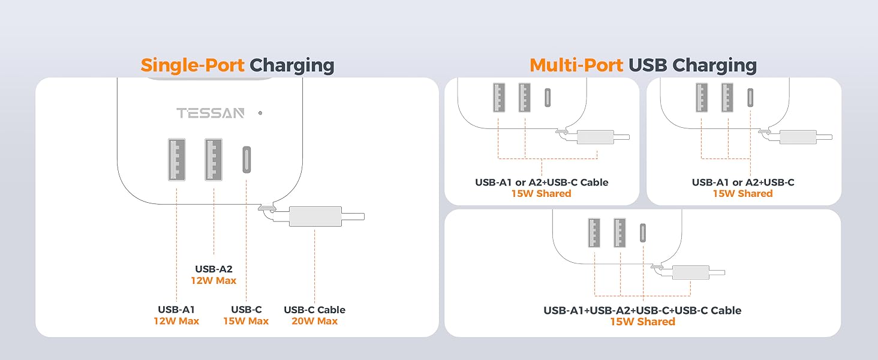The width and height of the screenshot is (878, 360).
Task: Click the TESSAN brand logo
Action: [x=210, y=113]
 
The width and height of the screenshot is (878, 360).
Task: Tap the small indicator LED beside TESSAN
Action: [x=260, y=113]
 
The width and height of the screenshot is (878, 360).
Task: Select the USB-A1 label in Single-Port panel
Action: [x=176, y=310]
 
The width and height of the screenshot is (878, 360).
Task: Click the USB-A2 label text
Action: [x=214, y=269]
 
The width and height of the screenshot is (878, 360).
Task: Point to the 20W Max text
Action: [x=314, y=321]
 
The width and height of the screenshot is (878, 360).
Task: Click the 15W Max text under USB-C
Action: [x=246, y=321]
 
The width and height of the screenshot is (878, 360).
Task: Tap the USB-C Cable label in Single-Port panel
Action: [x=314, y=310]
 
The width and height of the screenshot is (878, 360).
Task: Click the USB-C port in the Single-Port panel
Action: [x=246, y=160]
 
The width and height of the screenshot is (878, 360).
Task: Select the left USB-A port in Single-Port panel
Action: [x=177, y=159]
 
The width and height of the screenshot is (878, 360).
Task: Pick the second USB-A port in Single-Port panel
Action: [x=214, y=159]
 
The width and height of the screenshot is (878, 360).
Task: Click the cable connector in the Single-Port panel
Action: [x=315, y=216]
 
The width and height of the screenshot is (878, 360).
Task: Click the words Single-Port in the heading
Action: [x=193, y=65]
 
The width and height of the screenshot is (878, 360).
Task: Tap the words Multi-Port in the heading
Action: [x=576, y=65]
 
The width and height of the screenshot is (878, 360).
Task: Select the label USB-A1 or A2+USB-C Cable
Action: [x=542, y=182]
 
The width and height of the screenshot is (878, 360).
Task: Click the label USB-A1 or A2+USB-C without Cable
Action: [x=742, y=182]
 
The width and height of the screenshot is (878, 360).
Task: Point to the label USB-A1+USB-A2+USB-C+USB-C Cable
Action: [x=642, y=310]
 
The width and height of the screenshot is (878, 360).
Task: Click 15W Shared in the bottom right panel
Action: [x=642, y=322]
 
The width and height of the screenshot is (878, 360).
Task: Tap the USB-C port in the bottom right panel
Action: [x=644, y=233]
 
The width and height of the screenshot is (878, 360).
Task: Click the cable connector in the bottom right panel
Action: [x=690, y=272]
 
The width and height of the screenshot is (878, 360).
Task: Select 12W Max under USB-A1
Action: [x=176, y=321]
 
